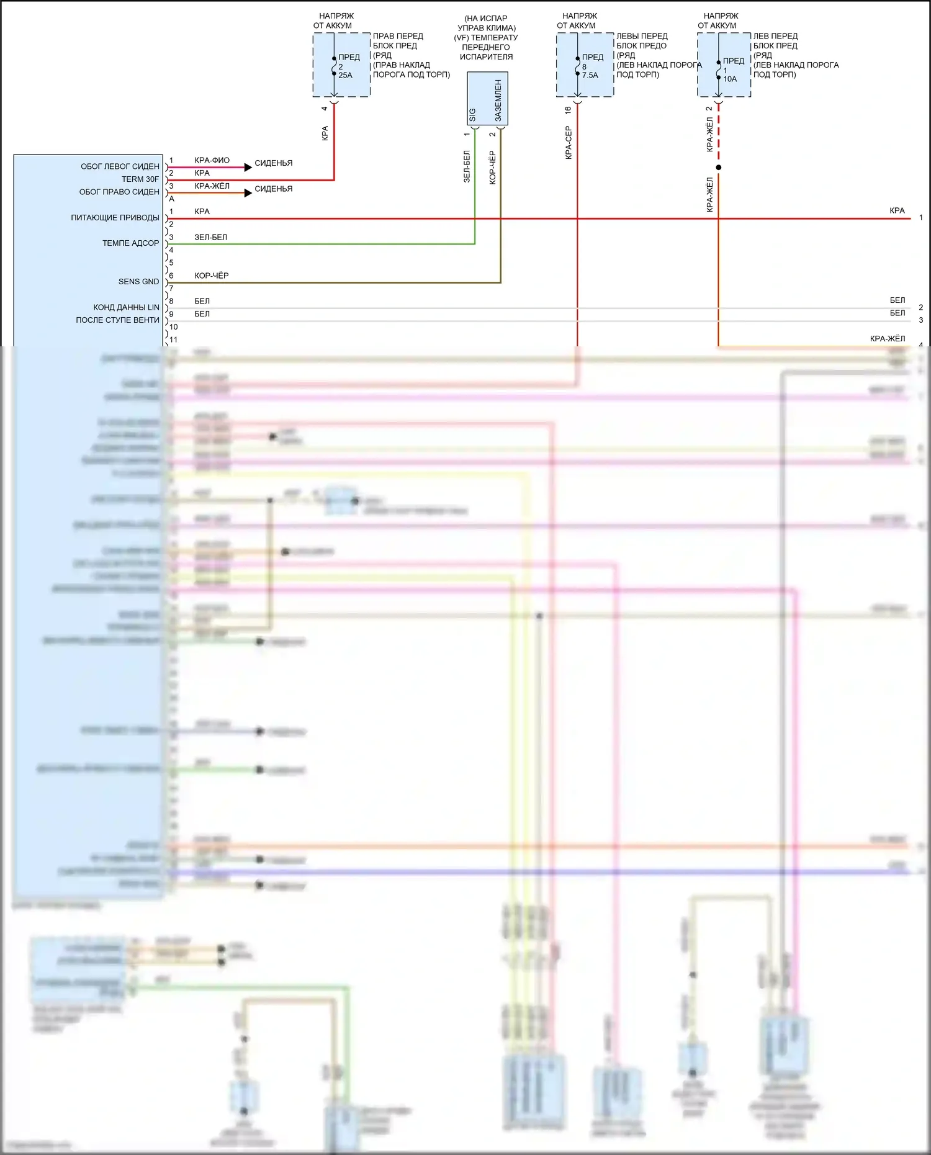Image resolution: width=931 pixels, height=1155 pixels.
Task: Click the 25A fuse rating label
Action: (x=345, y=75)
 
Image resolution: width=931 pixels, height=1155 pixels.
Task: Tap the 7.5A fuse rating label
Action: (x=590, y=75)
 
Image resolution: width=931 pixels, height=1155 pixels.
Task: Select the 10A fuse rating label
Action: (x=730, y=79)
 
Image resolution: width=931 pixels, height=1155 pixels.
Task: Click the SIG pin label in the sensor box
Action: (x=472, y=115)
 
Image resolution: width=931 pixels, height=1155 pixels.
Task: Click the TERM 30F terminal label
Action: (x=140, y=179)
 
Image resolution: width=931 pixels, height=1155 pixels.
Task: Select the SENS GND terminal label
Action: (x=138, y=282)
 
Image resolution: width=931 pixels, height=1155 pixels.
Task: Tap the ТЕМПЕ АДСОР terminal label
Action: (x=130, y=243)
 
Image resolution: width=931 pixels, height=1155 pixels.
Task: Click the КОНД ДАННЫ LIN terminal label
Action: (x=126, y=307)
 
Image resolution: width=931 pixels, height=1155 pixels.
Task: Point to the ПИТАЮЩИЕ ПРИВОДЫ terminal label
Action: (x=115, y=218)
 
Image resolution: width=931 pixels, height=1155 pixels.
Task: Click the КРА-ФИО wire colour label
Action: (x=212, y=160)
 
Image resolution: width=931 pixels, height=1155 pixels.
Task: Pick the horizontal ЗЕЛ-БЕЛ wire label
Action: (x=210, y=237)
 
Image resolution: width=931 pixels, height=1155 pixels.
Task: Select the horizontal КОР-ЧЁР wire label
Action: (x=211, y=276)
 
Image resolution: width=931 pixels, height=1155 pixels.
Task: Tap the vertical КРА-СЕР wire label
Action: (x=568, y=143)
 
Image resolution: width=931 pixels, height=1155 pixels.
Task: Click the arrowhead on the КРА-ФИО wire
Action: (x=248, y=167)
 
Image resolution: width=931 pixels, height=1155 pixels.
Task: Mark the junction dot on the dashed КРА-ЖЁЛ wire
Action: (x=719, y=168)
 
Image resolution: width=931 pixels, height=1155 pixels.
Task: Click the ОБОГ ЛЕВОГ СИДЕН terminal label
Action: (x=120, y=166)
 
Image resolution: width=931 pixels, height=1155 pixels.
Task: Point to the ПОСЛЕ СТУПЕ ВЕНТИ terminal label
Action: (x=117, y=320)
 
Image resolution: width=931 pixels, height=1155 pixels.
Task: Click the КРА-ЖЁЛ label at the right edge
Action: (x=887, y=338)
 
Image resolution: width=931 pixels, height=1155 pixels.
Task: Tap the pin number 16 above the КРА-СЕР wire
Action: (x=568, y=110)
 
